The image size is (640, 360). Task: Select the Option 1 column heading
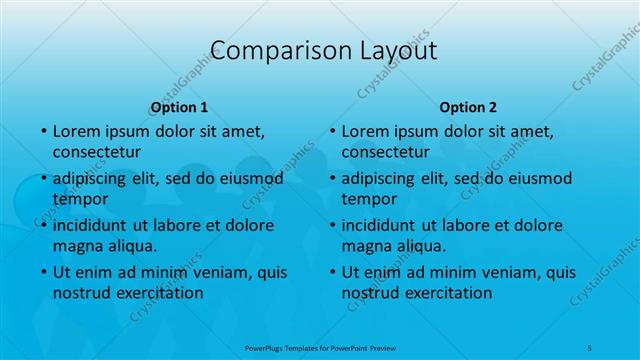tap(179, 107)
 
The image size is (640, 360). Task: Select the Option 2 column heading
tap(468, 107)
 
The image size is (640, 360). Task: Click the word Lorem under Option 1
tap(76, 131)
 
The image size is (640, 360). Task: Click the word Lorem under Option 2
tap(365, 131)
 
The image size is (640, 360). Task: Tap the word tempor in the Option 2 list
tap(369, 199)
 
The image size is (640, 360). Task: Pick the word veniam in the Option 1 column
tap(206, 272)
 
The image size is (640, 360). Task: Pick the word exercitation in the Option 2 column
tap(445, 293)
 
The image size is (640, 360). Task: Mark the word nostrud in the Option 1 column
tap(81, 293)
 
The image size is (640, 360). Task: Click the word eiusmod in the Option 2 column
tap(538, 179)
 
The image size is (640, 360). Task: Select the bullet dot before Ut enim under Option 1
tap(43, 272)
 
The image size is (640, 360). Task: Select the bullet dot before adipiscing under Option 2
tap(332, 179)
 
